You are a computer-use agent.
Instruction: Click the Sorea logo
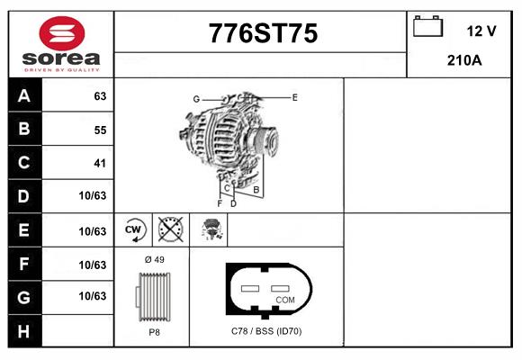60,42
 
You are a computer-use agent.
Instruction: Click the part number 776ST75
263,34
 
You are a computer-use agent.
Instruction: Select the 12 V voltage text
481,31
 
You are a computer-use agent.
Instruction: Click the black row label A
24,96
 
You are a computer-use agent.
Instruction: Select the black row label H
24,332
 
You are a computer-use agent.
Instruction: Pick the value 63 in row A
100,96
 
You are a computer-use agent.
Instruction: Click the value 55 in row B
100,130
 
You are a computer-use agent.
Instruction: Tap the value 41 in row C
100,163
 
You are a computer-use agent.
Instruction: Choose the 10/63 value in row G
93,295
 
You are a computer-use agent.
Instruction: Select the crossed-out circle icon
169,229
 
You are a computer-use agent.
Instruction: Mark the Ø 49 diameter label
154,259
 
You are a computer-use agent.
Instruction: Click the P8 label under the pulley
154,332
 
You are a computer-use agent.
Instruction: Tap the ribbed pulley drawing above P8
153,295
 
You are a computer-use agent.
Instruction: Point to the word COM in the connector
284,300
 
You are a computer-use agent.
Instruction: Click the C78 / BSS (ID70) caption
266,332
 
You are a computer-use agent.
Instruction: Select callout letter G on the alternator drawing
195,99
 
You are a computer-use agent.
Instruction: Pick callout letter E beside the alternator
294,96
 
